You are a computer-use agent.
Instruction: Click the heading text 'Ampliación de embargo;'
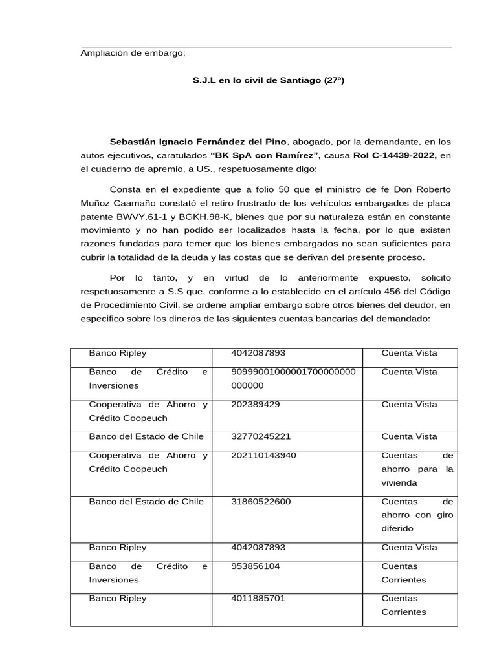(x=133, y=53)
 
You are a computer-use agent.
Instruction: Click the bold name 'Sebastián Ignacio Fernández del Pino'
(x=197, y=141)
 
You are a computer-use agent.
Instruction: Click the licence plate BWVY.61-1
(x=142, y=217)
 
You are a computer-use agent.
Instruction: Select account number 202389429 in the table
(x=256, y=405)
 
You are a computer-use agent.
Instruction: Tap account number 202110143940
(x=263, y=455)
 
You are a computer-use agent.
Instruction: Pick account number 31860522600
(x=261, y=502)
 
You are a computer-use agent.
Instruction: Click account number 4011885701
(x=258, y=599)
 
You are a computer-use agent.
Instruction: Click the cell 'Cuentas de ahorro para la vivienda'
(x=417, y=469)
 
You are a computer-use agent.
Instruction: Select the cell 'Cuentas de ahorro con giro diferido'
(x=417, y=515)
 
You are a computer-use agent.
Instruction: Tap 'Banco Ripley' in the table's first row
(x=118, y=353)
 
